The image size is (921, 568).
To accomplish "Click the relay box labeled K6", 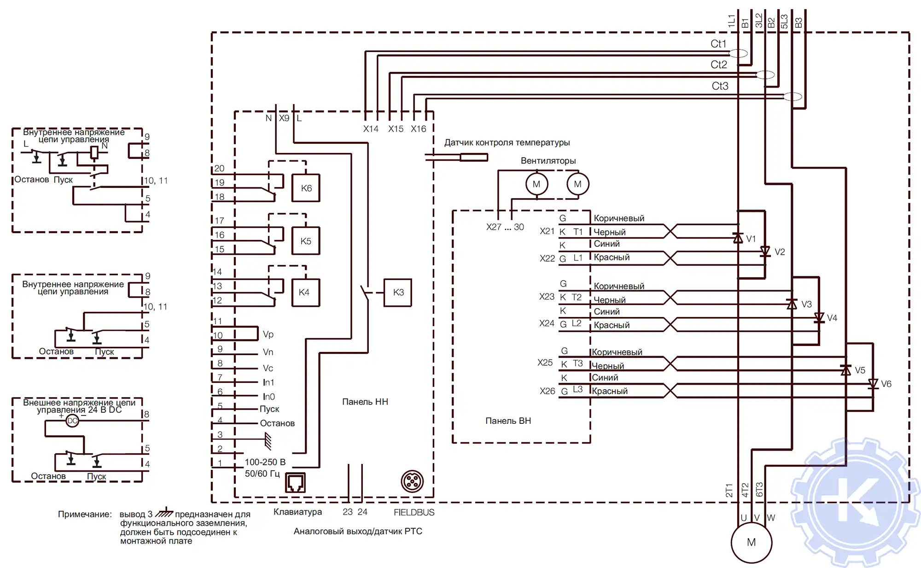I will pos(306,188).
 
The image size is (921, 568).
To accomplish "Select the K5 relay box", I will pos(306,241).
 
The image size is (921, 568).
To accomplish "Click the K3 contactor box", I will pos(398,292).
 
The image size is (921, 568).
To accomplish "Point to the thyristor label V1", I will pos(751,239).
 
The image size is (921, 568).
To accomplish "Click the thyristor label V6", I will pos(886,384).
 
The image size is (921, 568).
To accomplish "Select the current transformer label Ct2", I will pos(718,64).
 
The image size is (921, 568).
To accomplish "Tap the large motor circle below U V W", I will pos(751,542).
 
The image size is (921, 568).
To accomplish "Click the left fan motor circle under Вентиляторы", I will pos(536,184).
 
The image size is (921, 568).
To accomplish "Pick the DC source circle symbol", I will pos(72,421).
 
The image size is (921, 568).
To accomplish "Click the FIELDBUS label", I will pos(414,512).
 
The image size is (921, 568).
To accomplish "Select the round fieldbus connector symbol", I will pos(412,481).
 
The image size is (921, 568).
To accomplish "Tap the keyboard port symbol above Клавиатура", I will pos(295,482).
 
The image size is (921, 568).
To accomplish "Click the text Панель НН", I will pos(365,402).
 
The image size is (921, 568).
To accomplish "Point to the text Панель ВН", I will pos(508,421).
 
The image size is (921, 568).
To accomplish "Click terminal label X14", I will pos(371,129).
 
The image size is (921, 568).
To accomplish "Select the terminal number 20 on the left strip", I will pos(219,169).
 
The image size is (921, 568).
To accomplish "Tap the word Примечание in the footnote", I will pos(85,514).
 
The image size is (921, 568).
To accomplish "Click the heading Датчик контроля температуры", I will pos(507,142).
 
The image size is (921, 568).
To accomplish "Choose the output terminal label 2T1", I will pos(729,490).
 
